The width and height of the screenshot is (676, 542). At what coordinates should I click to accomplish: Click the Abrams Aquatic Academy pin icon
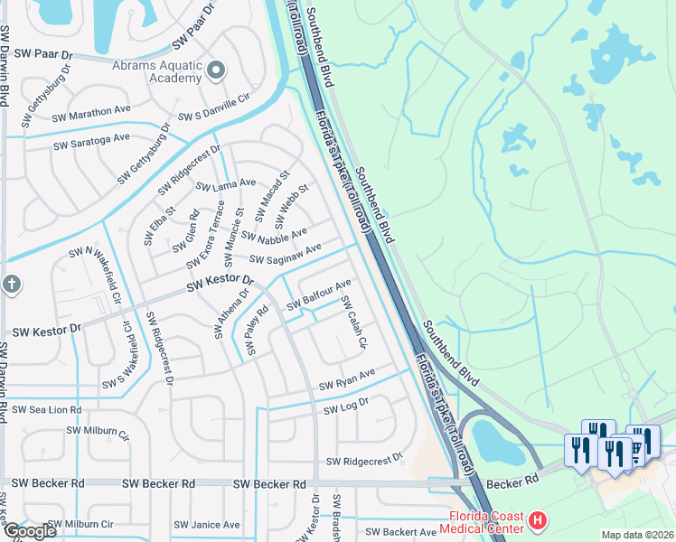[x=215, y=69]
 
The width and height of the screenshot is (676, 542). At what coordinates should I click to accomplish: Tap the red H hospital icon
[x=538, y=520]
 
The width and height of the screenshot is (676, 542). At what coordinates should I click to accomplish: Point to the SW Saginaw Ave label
[x=286, y=255]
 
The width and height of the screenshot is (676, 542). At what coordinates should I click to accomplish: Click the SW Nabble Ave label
[x=274, y=238]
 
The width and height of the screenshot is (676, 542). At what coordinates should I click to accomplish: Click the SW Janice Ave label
[x=207, y=524]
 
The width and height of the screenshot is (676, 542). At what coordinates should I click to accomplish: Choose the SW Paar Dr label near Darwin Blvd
[x=39, y=54]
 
